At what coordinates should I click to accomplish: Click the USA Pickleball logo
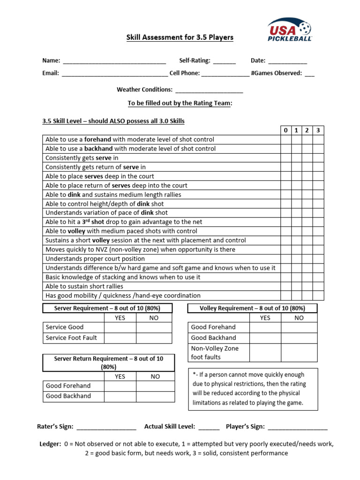click(289, 30)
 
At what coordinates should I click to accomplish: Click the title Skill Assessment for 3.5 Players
click(180, 37)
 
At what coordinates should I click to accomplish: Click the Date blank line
click(288, 61)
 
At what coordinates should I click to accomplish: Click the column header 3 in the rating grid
click(318, 130)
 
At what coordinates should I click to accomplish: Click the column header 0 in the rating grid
click(285, 130)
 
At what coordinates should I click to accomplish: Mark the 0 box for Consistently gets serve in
click(285, 158)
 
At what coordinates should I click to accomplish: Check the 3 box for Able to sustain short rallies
click(318, 286)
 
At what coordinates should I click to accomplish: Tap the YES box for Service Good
click(120, 327)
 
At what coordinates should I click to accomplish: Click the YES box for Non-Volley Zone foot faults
click(265, 353)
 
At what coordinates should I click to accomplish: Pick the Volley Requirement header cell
click(252, 308)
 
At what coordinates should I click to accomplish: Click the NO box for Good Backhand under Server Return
click(155, 397)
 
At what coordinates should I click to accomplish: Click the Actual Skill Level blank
click(209, 427)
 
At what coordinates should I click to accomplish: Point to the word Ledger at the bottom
click(50, 444)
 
